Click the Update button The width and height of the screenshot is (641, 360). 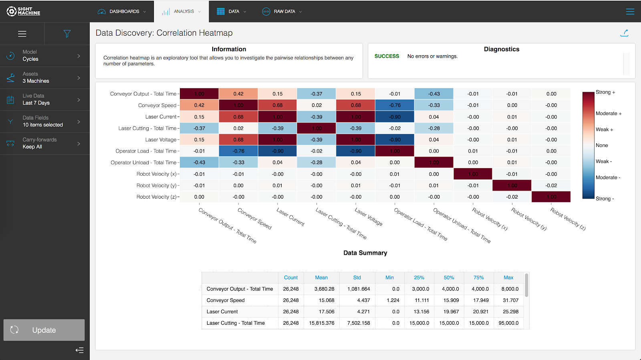[x=44, y=330]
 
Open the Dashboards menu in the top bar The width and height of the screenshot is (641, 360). [x=122, y=12]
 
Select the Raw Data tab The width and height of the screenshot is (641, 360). [x=282, y=12]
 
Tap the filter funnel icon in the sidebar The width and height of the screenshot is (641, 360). [x=67, y=34]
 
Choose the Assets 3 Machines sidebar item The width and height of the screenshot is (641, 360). [x=44, y=78]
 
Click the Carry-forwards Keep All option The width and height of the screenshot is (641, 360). [x=44, y=143]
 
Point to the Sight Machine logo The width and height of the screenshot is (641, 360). [x=23, y=11]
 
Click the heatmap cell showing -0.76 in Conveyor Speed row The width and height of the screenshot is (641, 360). [x=395, y=105]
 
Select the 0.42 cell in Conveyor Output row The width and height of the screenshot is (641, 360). [x=238, y=94]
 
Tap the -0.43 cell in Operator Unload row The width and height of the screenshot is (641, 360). [x=199, y=163]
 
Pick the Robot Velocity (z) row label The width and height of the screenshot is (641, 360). [x=157, y=197]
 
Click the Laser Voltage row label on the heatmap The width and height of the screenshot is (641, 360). [x=161, y=140]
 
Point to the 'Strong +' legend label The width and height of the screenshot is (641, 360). [x=605, y=92]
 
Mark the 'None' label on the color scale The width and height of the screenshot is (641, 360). [x=602, y=145]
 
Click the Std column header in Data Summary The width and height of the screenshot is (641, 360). [x=357, y=278]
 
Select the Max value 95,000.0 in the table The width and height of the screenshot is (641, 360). [x=508, y=323]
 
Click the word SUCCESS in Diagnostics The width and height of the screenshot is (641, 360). [x=387, y=56]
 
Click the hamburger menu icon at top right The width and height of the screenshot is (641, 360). [x=630, y=12]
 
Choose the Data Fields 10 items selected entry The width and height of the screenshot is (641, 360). [x=44, y=121]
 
